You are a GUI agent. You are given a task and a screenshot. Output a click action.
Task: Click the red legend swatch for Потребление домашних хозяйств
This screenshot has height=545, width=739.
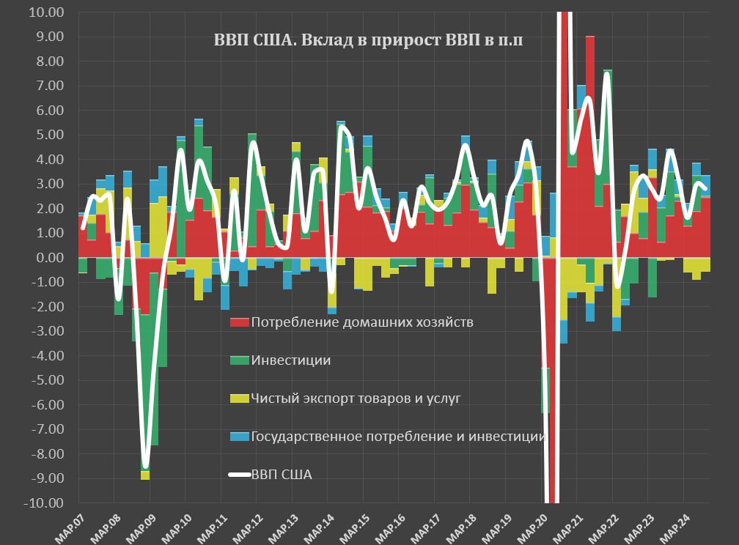239,322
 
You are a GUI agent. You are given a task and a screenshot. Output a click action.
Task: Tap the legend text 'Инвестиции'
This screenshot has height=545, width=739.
290,360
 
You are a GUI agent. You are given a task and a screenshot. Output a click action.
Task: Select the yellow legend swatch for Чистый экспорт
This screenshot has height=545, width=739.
239,398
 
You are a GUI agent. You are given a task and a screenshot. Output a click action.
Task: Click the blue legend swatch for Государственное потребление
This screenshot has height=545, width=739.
239,437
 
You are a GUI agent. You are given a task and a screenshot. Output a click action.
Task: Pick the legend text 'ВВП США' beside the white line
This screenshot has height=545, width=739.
282,475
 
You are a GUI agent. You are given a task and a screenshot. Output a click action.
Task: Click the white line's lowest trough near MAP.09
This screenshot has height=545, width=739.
146,466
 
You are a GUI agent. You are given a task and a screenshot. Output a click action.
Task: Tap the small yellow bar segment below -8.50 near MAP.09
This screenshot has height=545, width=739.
145,475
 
